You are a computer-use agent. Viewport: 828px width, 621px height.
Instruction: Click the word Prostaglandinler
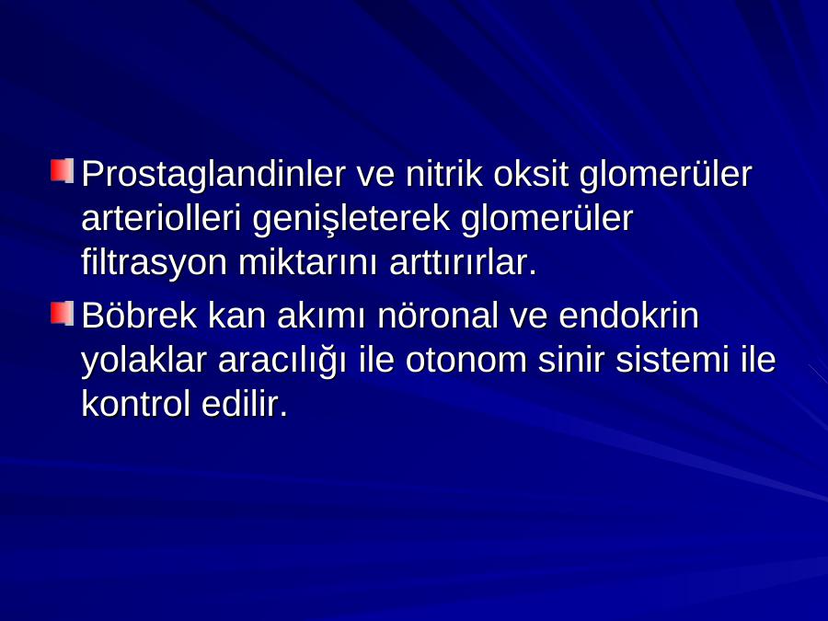pos(213,175)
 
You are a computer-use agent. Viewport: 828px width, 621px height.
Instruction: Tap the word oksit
pos(531,173)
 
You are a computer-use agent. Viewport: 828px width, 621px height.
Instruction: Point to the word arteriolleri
pos(161,217)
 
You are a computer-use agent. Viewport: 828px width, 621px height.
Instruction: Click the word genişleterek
pos(351,219)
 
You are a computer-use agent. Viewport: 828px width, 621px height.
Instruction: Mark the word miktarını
pos(308,261)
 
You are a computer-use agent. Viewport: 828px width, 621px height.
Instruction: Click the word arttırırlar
pos(463,261)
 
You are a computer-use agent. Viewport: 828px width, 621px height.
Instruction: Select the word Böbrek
pos(140,315)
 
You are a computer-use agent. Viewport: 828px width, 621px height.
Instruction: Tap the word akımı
pos(321,315)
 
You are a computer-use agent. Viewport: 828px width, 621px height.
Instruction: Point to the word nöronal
pos(438,315)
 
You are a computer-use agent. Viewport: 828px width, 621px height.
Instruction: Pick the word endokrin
pos(629,315)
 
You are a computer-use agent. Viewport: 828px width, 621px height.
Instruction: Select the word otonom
pos(466,359)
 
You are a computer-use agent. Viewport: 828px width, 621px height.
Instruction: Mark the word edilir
pos(245,404)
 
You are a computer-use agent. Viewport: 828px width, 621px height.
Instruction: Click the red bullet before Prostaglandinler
pos(62,171)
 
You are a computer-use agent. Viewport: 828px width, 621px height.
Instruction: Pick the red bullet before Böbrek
pos(62,313)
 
